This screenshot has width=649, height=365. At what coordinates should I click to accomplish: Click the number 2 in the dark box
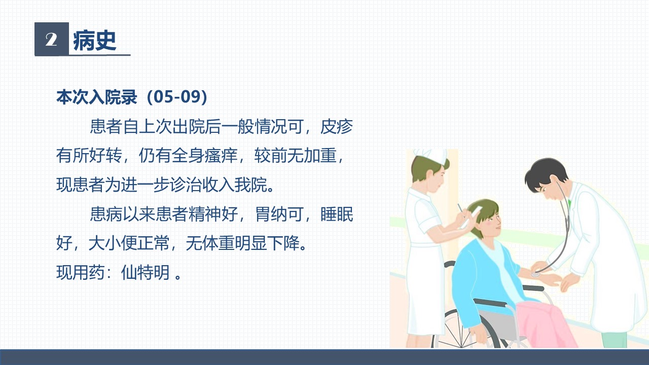tap(51, 39)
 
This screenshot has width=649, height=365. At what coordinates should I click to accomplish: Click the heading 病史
tap(95, 41)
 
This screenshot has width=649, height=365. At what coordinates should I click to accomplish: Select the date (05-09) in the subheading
tap(177, 97)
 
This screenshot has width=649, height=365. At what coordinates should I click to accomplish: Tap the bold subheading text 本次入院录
tap(96, 97)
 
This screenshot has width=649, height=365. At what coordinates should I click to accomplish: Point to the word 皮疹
tap(337, 127)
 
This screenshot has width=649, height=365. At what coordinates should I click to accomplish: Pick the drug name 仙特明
tap(145, 272)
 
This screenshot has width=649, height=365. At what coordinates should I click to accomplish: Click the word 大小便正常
tap(129, 243)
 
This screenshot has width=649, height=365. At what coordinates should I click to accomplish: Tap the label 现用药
tap(80, 272)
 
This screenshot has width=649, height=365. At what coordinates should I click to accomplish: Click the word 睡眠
tap(337, 214)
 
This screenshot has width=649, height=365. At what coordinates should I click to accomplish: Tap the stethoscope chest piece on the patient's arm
tap(536, 274)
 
